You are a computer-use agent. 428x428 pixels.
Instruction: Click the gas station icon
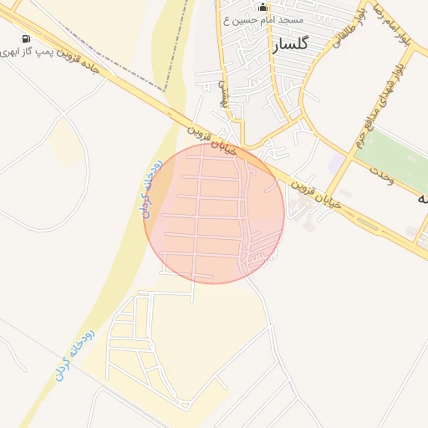click(27, 39)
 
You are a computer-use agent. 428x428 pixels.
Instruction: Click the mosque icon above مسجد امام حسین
click(263, 8)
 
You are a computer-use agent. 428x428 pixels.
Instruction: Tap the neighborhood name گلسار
click(290, 44)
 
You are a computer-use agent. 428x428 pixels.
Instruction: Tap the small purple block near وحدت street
click(336, 159)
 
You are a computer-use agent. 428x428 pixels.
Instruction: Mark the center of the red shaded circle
click(214, 213)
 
